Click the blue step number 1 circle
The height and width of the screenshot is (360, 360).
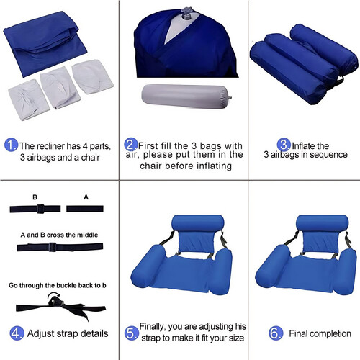(x=11, y=145)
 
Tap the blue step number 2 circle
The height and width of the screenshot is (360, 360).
(x=131, y=145)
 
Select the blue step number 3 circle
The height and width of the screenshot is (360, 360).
(x=284, y=145)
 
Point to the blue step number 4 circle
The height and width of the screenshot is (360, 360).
(x=17, y=333)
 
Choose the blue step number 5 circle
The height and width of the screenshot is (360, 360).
(x=132, y=333)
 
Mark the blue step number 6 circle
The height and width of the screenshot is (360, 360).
(x=276, y=333)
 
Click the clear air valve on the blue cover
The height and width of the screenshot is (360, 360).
(x=186, y=13)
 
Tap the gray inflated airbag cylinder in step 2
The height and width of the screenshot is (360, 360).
(x=186, y=96)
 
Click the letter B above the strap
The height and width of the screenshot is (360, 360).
(x=35, y=197)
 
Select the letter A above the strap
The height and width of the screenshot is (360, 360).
(x=86, y=197)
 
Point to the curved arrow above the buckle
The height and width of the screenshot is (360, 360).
(x=54, y=294)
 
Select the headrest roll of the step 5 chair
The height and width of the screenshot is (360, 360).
(x=198, y=223)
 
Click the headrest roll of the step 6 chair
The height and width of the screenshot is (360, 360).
(x=322, y=223)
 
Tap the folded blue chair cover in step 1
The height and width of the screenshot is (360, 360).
(x=45, y=45)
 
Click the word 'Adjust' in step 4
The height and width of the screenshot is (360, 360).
(x=40, y=334)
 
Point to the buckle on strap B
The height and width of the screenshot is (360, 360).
(x=40, y=209)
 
